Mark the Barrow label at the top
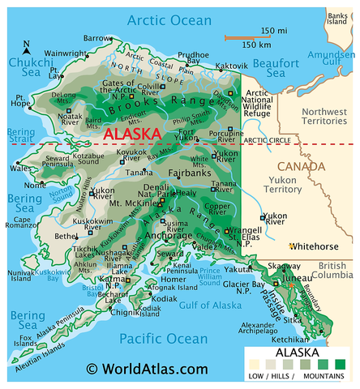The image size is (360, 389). pyautogui.click(x=98, y=38)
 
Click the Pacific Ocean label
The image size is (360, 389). pyautogui.click(x=153, y=338)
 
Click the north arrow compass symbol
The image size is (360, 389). pyautogui.click(x=27, y=49)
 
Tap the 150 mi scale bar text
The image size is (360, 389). pyautogui.click(x=261, y=31)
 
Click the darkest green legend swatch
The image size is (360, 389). pyautogui.click(x=340, y=365)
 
